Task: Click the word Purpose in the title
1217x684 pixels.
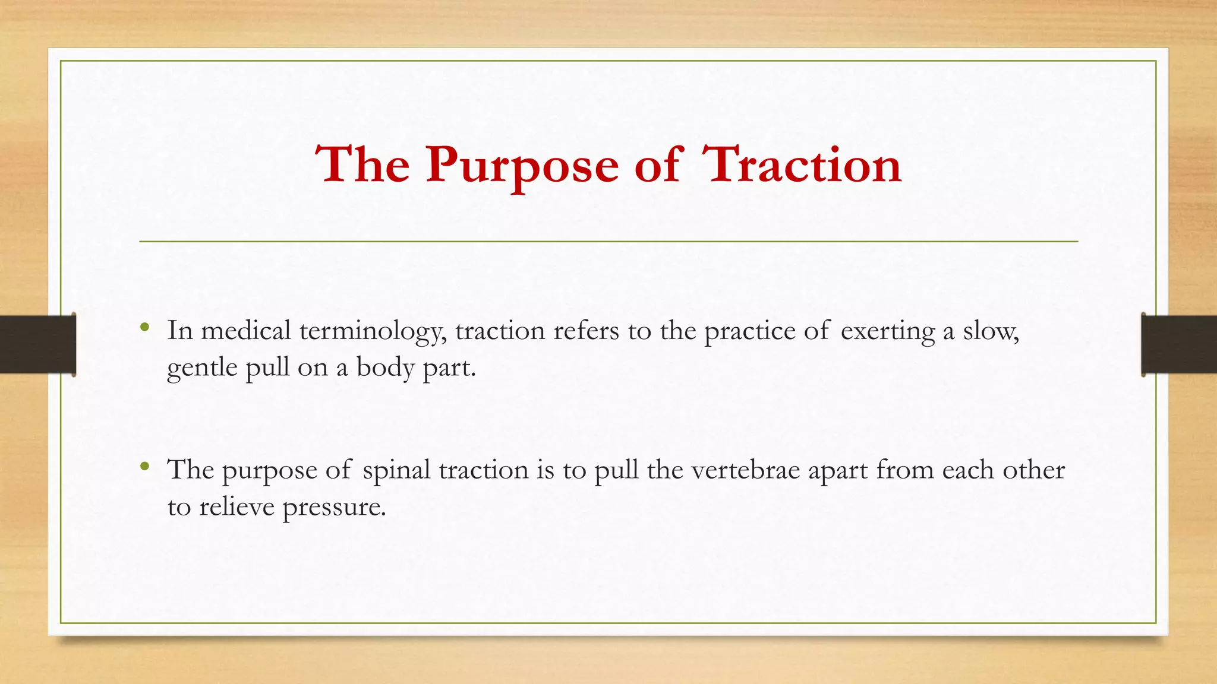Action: pos(522,165)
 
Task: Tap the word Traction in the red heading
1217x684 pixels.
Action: pos(802,165)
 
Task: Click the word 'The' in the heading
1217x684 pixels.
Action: pos(362,165)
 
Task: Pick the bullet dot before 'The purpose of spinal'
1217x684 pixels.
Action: pos(144,467)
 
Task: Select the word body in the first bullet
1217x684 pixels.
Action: pos(384,368)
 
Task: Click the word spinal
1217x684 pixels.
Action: pos(396,470)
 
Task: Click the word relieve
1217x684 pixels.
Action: pos(237,507)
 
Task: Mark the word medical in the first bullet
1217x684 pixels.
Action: pos(246,331)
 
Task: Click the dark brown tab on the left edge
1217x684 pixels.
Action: pos(37,344)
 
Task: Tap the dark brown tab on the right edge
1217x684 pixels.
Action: pos(1180,344)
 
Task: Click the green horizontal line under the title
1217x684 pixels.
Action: pos(608,242)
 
